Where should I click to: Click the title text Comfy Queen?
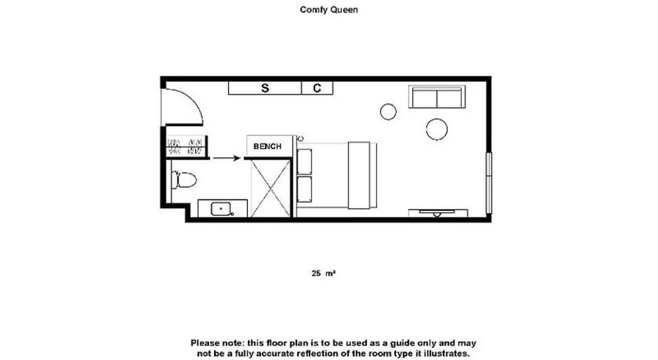329,10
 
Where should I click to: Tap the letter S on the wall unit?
265,88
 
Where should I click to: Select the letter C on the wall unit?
317,88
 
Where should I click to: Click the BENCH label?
267,146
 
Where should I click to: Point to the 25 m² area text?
324,273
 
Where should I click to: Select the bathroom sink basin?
221,209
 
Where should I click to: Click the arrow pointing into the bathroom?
227,158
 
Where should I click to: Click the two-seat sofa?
437,97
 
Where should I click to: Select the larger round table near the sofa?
437,129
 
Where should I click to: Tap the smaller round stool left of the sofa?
388,112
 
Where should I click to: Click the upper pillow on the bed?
304,162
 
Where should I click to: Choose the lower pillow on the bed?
304,189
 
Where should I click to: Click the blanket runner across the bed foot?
359,175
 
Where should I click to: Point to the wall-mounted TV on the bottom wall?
437,213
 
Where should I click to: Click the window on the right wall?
489,183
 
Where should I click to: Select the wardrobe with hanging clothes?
187,147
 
